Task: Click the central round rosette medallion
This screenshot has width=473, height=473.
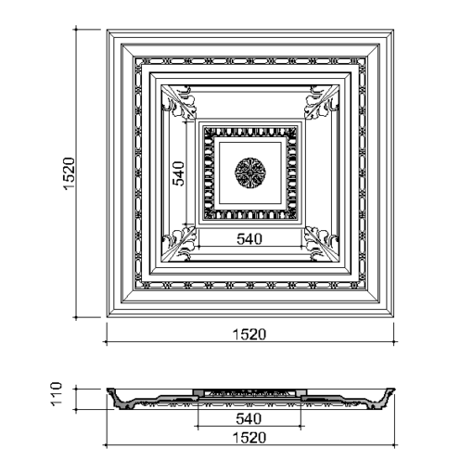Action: (x=250, y=173)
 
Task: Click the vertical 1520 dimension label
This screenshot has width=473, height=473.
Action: (x=70, y=173)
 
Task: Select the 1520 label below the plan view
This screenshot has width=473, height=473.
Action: (x=249, y=335)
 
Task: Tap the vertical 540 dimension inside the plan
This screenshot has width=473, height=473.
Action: (x=178, y=173)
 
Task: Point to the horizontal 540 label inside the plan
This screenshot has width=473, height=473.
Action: (x=249, y=239)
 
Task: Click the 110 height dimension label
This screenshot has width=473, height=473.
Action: (x=57, y=394)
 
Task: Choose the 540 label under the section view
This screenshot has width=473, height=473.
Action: (x=249, y=419)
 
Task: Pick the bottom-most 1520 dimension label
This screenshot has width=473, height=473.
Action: (x=249, y=438)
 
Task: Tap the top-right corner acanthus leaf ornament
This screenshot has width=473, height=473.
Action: (x=322, y=102)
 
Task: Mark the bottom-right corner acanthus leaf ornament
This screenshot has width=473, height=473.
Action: (x=322, y=244)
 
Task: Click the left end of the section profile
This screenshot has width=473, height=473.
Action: (x=108, y=390)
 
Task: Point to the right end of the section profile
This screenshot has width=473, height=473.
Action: (x=394, y=390)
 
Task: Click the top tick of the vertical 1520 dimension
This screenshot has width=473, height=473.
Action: (x=76, y=30)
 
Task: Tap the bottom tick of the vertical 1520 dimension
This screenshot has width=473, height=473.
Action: (x=76, y=317)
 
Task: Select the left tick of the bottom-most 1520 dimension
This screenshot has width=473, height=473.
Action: (x=107, y=445)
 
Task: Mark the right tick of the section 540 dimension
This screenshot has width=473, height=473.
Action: (x=300, y=427)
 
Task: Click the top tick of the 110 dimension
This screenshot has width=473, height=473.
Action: (x=76, y=389)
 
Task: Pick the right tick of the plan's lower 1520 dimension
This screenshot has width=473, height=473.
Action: (x=394, y=342)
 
